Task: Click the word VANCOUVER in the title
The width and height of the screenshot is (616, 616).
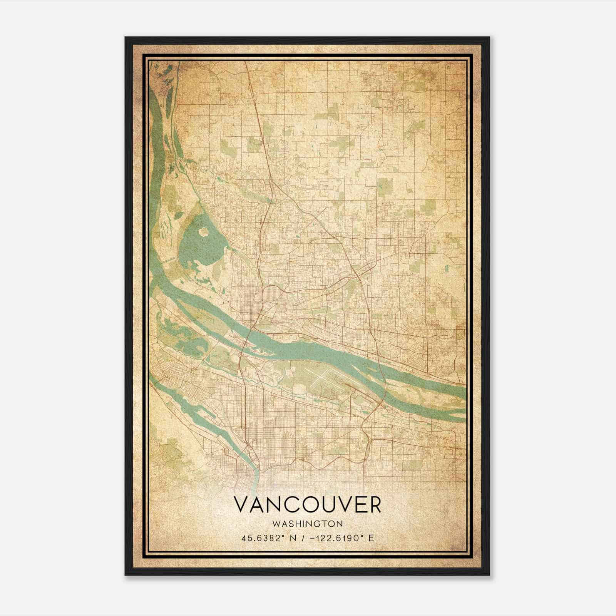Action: point(307,504)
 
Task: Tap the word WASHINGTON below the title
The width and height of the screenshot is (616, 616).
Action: point(307,524)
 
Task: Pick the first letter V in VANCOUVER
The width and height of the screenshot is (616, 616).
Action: point(241,504)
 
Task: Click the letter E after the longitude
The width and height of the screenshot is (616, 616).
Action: point(371,538)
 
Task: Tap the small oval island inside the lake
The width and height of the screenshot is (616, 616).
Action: point(203,232)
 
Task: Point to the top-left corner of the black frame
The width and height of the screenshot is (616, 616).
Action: point(126,37)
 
